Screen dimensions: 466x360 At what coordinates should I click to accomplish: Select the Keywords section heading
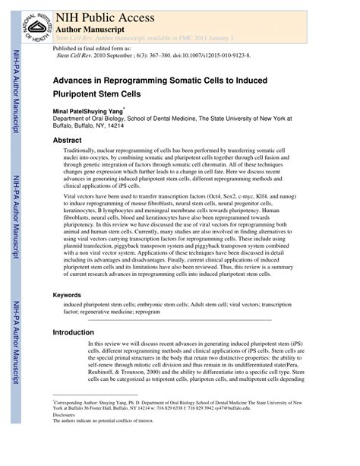point(72,294)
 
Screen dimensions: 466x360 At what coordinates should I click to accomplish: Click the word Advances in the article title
point(76,78)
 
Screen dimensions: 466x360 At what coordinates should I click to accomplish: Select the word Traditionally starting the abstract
point(111,152)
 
